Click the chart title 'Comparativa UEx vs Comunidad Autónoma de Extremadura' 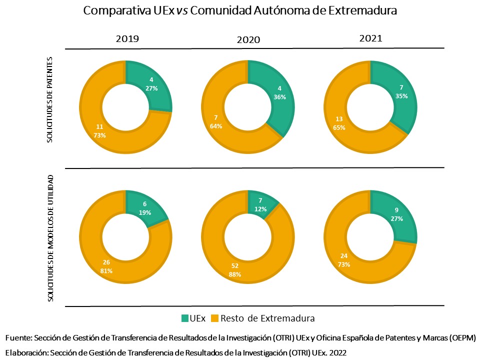[x=240, y=11]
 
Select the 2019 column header [x=127, y=38]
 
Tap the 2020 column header [x=248, y=39]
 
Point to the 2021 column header [x=370, y=38]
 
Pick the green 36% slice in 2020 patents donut [x=278, y=93]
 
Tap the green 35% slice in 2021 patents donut [x=400, y=92]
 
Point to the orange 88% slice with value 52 [x=235, y=270]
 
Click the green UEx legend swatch [x=185, y=318]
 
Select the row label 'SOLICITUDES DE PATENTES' [x=50, y=99]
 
